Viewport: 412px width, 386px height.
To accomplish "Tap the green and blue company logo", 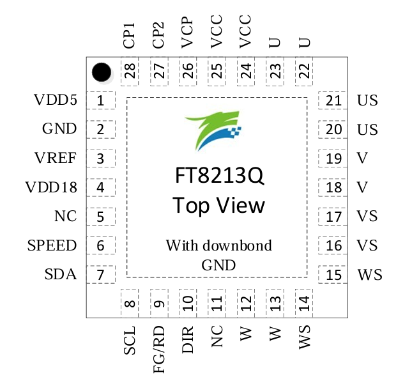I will (214, 131).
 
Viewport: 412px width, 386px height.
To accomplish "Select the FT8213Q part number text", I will (218, 176).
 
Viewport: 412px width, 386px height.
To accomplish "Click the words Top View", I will (218, 206).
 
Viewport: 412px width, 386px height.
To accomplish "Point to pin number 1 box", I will (100, 100).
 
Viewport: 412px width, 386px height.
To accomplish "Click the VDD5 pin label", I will (56, 100).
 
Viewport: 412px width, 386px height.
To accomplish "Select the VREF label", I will (56, 158).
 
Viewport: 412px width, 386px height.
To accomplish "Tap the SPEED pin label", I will (52, 245).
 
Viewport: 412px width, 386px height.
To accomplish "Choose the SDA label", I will (61, 275).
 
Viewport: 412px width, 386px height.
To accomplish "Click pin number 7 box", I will (100, 275).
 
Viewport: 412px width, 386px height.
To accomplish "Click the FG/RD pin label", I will (159, 351).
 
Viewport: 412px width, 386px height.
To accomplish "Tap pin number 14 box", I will (305, 301).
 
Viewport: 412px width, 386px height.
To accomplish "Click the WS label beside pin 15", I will (370, 275).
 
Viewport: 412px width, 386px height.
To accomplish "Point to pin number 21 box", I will (333, 100).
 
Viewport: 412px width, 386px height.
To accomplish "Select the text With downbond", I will (218, 245).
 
